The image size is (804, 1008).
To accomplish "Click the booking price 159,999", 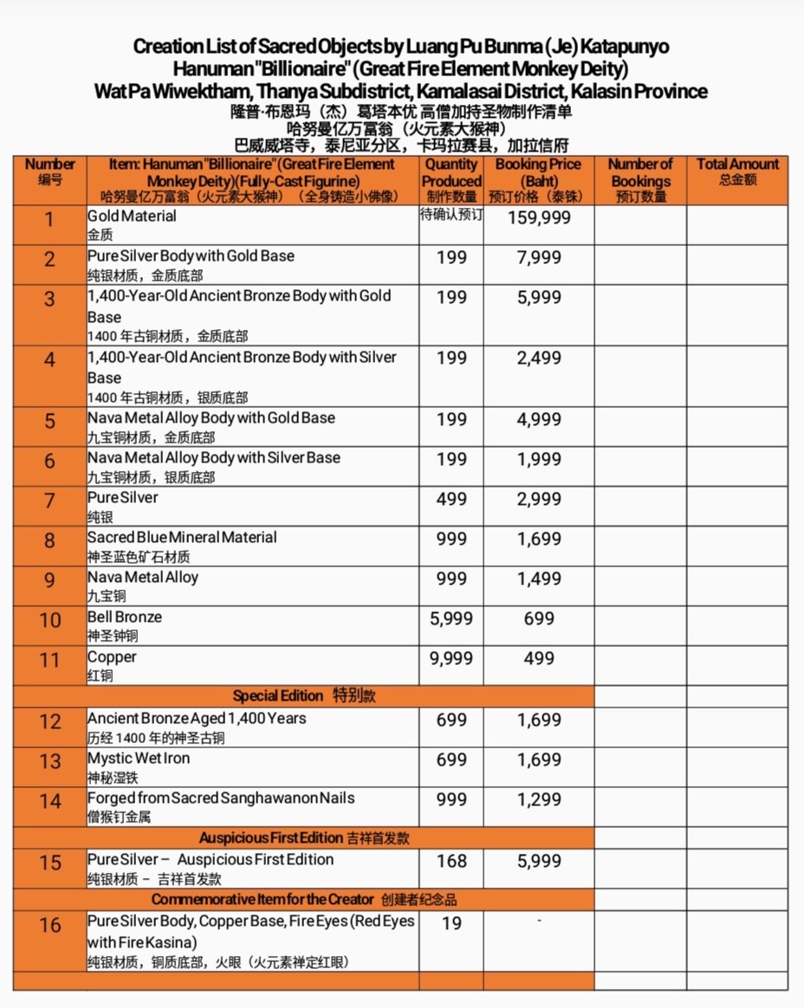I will [x=539, y=218].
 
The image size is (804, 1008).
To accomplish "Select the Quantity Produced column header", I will [x=451, y=180].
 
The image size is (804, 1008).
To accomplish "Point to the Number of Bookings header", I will [x=640, y=180].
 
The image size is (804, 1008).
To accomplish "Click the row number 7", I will [x=49, y=501].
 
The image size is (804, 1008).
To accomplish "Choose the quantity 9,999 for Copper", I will [x=451, y=659].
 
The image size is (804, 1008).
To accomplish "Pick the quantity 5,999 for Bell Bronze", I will [x=451, y=619].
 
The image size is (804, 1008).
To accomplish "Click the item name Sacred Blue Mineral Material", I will [x=182, y=538].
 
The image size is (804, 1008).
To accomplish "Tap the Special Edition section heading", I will [x=303, y=696].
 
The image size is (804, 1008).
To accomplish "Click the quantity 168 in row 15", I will [x=451, y=862].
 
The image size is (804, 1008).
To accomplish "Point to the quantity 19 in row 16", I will [x=451, y=924].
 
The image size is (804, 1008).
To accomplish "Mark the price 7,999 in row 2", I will [x=539, y=258].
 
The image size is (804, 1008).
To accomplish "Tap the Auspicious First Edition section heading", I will [x=304, y=838].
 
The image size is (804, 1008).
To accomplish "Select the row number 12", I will [x=49, y=721].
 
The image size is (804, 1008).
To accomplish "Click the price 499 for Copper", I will [x=539, y=659].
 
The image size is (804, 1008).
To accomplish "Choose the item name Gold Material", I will [x=132, y=216].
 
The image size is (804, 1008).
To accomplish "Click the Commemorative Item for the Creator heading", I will [x=303, y=900].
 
